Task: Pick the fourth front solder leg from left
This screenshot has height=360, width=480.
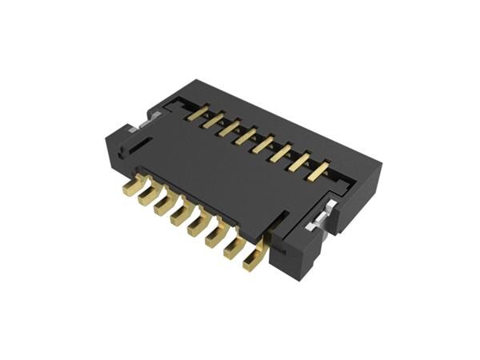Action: click(181, 215)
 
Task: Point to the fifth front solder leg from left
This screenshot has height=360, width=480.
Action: click(198, 226)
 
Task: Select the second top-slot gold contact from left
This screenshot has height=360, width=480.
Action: click(213, 121)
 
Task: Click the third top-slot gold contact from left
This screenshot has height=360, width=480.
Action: click(230, 129)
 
